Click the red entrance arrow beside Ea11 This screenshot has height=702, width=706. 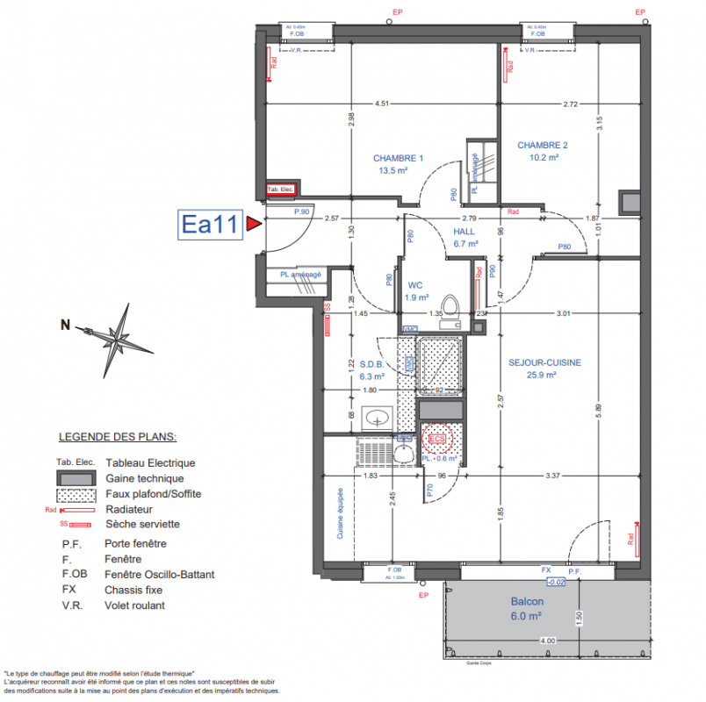(x=254, y=225)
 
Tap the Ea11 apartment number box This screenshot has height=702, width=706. (x=210, y=225)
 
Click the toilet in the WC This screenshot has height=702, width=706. (x=450, y=306)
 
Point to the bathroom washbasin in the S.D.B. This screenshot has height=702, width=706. (x=379, y=416)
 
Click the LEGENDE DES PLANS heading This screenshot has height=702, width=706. (x=117, y=436)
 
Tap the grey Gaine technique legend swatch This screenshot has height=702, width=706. (x=76, y=478)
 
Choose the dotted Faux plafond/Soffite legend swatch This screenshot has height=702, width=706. (x=76, y=493)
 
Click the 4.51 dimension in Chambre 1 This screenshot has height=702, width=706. (x=381, y=104)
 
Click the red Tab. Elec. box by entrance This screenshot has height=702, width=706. (x=281, y=190)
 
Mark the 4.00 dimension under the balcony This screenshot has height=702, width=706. (x=547, y=641)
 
